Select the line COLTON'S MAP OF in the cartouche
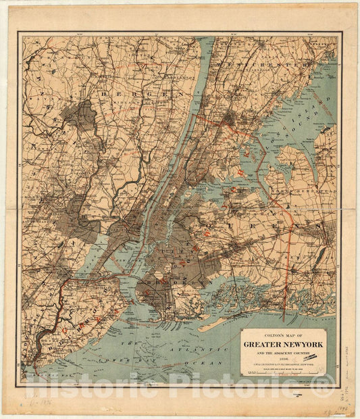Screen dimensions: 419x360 283,335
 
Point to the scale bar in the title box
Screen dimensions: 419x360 283,370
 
